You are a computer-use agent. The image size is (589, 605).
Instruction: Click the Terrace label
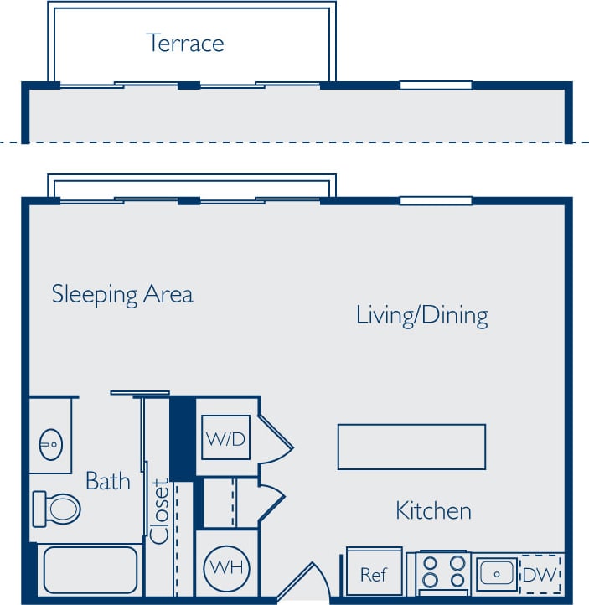(185, 42)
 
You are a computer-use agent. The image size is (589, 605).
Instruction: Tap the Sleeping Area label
(122, 294)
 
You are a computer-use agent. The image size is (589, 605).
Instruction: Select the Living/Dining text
(421, 315)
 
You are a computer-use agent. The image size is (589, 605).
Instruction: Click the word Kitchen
(433, 510)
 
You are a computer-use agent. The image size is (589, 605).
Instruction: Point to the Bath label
(108, 481)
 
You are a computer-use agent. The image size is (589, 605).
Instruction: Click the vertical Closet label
(161, 510)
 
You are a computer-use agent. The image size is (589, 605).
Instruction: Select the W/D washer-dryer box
(225, 437)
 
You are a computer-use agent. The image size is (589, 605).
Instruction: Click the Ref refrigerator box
(374, 574)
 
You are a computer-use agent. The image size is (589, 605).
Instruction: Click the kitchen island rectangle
(411, 447)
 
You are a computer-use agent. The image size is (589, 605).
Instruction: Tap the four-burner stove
(443, 572)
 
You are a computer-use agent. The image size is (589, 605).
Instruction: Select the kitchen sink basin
(497, 574)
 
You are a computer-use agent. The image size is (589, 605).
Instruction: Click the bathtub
(90, 570)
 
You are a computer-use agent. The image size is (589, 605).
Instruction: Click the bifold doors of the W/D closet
(276, 437)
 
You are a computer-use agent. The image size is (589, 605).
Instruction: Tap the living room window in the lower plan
(436, 201)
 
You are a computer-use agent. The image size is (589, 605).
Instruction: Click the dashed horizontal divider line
(293, 142)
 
